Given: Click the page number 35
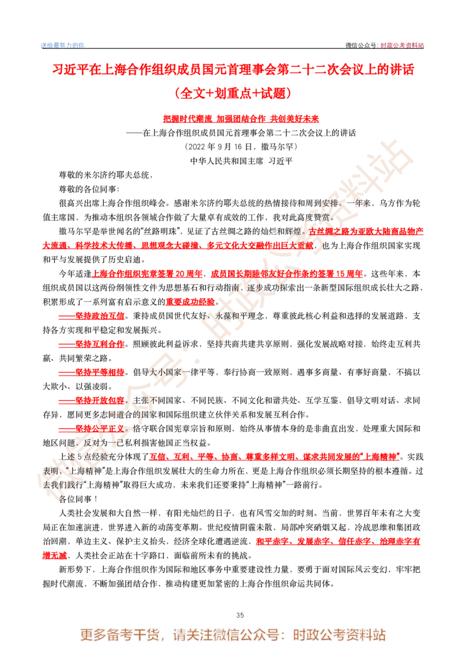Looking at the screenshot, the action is click(x=240, y=615).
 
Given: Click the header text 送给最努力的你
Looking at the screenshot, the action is click(x=62, y=45).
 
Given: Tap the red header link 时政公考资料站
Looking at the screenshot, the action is click(x=402, y=45).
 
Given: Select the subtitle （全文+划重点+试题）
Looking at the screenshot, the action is click(x=233, y=93).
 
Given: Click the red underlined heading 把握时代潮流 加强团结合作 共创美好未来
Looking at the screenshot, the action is click(x=241, y=119).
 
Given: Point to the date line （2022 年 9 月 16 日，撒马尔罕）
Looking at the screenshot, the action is click(x=241, y=147).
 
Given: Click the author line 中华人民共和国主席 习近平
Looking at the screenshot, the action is click(x=241, y=161).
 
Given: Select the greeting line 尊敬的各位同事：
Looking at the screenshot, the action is click(x=89, y=189).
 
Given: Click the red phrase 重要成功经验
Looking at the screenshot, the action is click(x=190, y=302).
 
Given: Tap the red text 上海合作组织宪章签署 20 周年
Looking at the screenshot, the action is click(x=147, y=274).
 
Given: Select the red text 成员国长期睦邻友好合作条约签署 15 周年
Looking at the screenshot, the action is click(x=287, y=274).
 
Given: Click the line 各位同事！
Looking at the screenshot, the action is click(x=78, y=499).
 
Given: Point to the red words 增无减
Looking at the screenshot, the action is click(x=55, y=555).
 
